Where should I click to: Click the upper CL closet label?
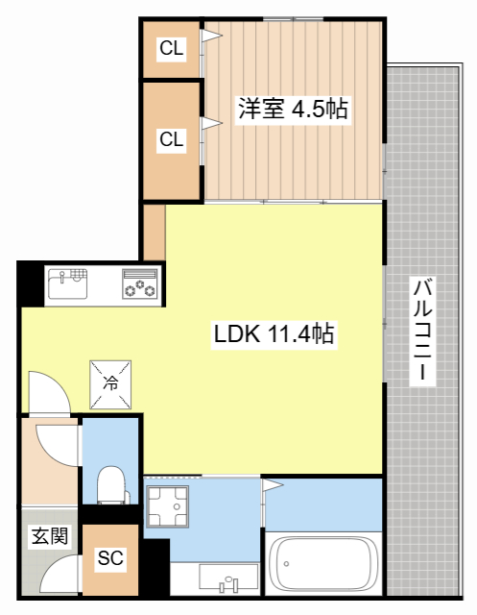[x=172, y=48]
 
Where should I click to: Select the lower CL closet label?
[x=172, y=139]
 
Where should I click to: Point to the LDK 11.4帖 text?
[x=274, y=334]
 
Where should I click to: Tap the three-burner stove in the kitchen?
[x=141, y=284]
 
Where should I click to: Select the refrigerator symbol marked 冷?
[x=111, y=381]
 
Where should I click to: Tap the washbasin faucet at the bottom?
[x=228, y=581]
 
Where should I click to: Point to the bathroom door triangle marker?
[x=272, y=487]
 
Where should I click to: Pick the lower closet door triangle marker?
[x=210, y=122]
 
